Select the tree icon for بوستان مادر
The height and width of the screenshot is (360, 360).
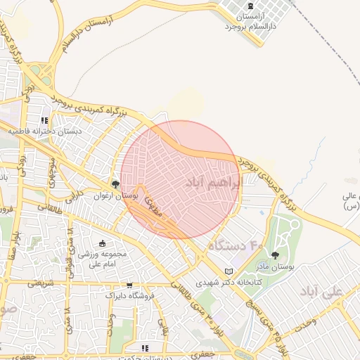[275, 255]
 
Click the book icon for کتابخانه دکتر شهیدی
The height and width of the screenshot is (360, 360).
[228, 271]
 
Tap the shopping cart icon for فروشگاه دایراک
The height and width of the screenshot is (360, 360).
[129, 285]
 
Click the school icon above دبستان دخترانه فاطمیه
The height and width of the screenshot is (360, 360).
[46, 120]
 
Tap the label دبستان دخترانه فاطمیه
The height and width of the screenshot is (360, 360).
[45, 131]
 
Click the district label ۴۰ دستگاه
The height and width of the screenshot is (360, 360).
[235, 245]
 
